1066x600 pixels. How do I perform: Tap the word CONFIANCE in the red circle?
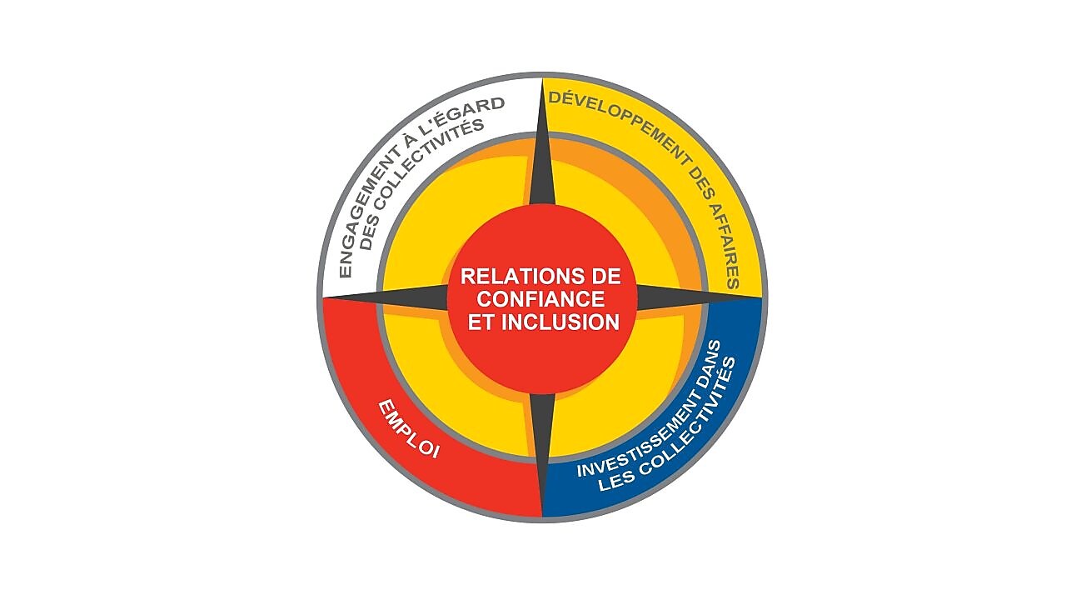[x=540, y=298]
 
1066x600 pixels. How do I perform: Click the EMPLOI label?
[x=409, y=429]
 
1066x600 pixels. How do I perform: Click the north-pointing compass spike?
[x=541, y=150]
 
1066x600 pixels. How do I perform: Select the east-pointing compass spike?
[x=683, y=297]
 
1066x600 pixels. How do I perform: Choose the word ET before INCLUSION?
[x=480, y=322]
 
